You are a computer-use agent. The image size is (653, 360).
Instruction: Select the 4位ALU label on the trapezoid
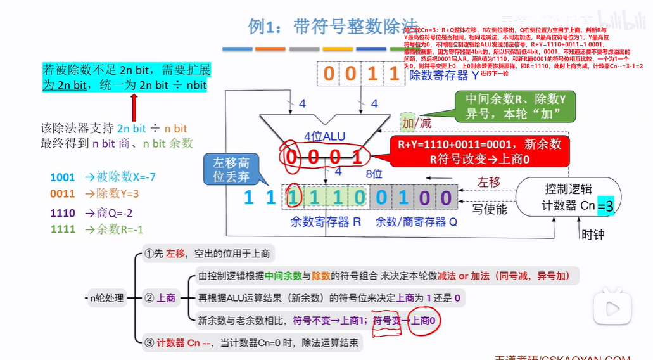tap(325, 136)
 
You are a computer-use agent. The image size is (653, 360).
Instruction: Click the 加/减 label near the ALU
tap(415, 122)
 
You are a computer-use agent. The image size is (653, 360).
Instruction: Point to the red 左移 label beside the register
tap(488, 183)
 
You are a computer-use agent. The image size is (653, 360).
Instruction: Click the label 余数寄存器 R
tap(325, 222)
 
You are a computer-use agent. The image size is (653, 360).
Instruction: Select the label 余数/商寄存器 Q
tap(416, 222)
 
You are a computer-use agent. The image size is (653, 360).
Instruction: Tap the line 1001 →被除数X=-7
tap(103, 177)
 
